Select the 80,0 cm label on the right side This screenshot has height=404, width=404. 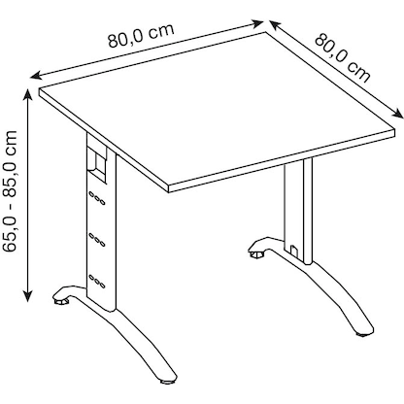pos(343,58)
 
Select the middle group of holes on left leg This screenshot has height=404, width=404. pos(96,238)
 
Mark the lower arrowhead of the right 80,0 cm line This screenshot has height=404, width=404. pos(398,109)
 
